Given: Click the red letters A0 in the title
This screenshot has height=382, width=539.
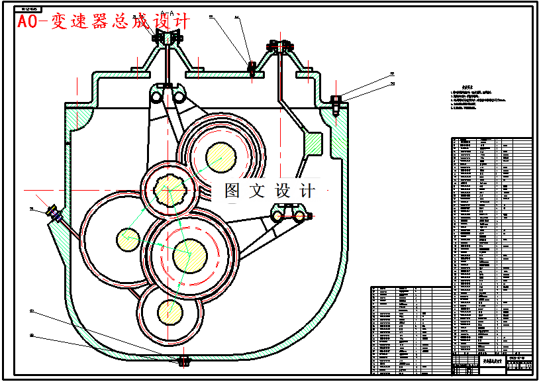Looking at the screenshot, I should pyautogui.click(x=27, y=22).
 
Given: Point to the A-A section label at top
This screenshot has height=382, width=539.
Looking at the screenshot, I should pyautogui.click(x=169, y=13).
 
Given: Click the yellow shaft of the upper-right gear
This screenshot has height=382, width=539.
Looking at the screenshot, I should pyautogui.click(x=220, y=158).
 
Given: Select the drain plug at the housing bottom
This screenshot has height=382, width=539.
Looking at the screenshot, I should pyautogui.click(x=185, y=361).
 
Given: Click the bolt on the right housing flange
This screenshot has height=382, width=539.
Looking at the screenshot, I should pyautogui.click(x=336, y=103).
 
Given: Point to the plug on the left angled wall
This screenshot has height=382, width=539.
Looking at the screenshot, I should pyautogui.click(x=53, y=214).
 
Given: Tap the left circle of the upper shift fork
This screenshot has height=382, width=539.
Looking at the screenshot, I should pyautogui.click(x=157, y=98).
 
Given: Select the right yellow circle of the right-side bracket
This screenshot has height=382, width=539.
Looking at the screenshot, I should pyautogui.click(x=299, y=215).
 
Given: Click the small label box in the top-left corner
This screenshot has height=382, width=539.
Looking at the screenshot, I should pyautogui.click(x=28, y=10).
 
